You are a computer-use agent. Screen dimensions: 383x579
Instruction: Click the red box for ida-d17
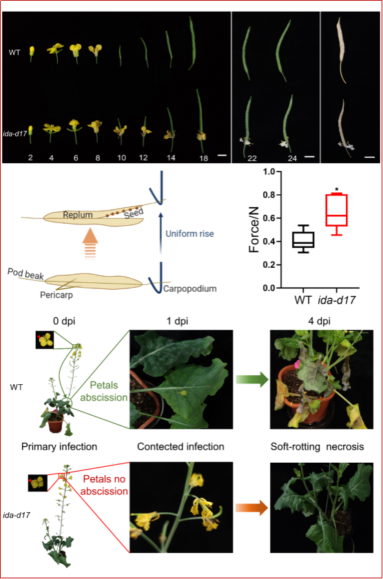[x=336, y=210]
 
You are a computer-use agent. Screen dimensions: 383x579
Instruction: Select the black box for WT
[x=303, y=240]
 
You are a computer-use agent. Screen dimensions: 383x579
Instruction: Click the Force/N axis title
[x=254, y=229]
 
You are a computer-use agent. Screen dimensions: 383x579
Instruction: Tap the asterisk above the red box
[x=336, y=190]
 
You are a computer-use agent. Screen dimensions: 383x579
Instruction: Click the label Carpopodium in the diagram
[x=190, y=288]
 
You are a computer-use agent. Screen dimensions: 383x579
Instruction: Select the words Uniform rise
[x=189, y=234]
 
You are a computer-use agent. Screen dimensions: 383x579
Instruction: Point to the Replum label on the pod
[x=78, y=215]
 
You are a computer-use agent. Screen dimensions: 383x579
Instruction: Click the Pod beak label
[x=25, y=274]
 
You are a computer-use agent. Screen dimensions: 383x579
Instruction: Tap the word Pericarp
[x=56, y=295]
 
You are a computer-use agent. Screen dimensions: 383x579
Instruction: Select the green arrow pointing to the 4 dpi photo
[x=252, y=379]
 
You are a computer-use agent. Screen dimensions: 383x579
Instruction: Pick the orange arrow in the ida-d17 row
[x=251, y=507]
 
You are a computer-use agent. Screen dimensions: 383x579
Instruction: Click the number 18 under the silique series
[x=203, y=158]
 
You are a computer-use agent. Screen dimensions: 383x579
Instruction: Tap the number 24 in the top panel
[x=292, y=158]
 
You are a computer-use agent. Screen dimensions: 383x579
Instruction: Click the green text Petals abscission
[x=104, y=392]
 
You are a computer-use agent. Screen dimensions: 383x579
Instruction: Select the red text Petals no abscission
[x=104, y=485]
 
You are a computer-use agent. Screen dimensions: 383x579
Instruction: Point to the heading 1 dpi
[x=177, y=322]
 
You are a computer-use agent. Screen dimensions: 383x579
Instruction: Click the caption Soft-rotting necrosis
[x=317, y=447]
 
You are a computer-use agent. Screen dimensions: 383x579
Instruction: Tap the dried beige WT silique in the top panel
[x=341, y=50]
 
